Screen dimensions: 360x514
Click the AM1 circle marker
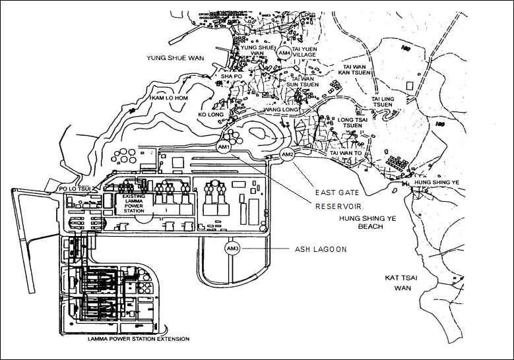(223, 147)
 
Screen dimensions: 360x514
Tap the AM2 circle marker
(286, 154)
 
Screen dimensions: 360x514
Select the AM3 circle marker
(232, 249)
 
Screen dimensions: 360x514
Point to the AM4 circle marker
(284, 52)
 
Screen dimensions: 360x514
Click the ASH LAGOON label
(320, 249)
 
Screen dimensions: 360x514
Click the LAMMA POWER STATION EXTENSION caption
(138, 339)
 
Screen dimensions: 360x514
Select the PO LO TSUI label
(74, 189)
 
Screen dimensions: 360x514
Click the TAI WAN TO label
(346, 152)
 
